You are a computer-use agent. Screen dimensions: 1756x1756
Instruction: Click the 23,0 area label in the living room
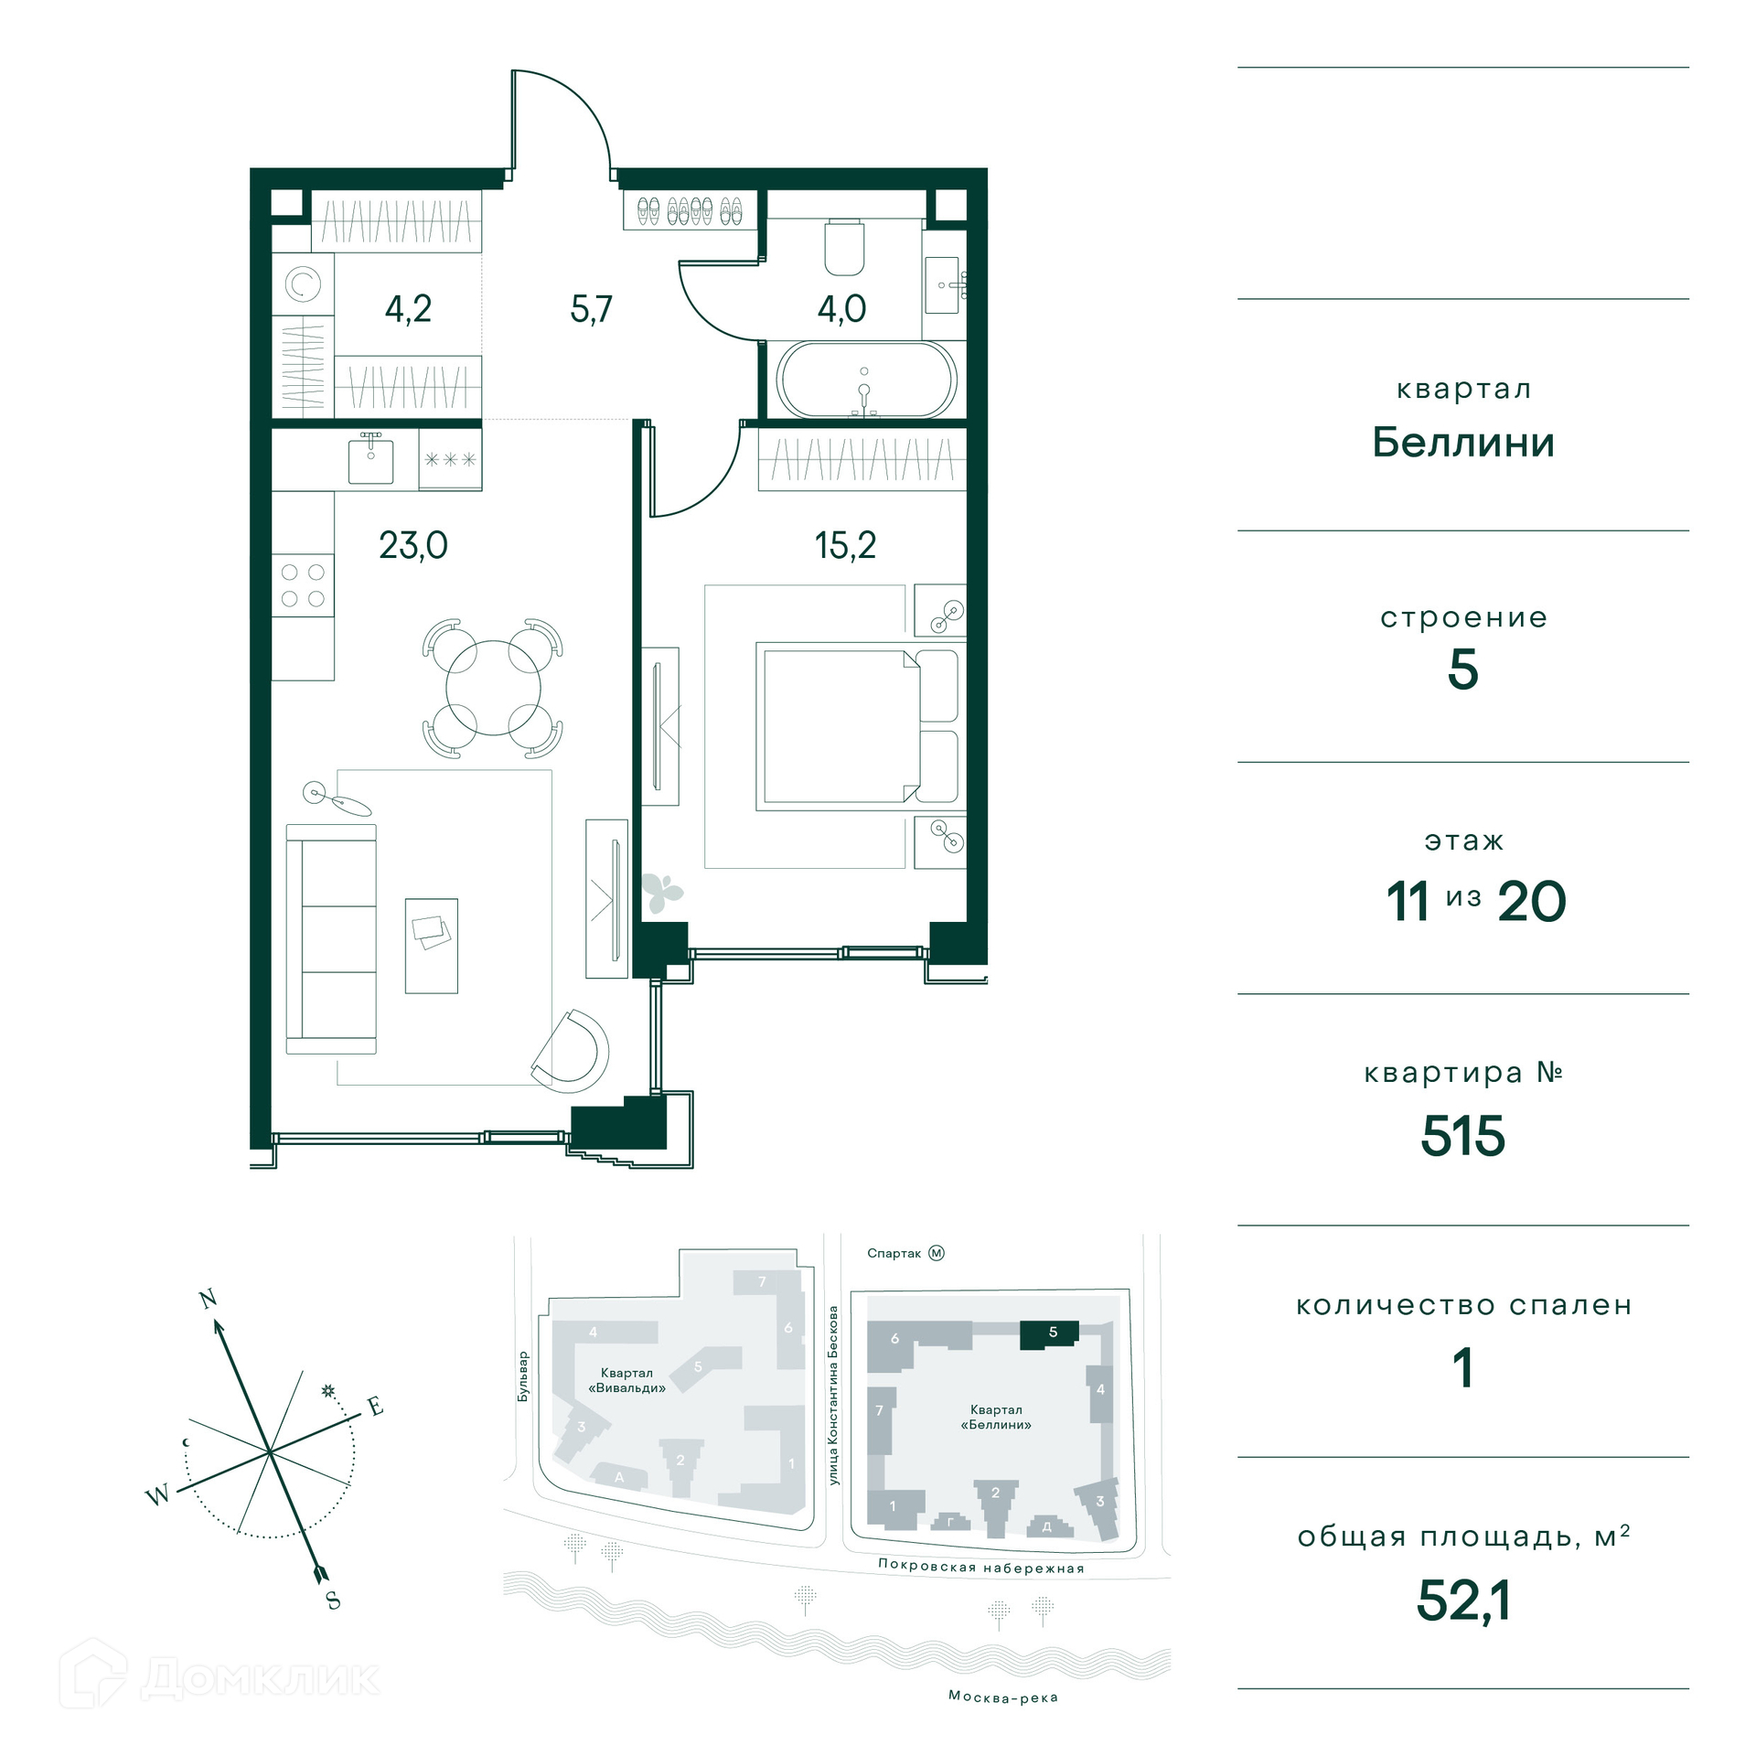click(x=413, y=545)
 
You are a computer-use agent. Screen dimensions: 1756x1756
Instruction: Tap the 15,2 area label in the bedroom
click(x=845, y=545)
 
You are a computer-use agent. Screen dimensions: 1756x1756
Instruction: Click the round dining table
click(x=493, y=688)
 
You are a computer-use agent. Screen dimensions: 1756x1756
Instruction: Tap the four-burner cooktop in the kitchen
click(x=303, y=585)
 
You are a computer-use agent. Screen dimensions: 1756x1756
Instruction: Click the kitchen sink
click(x=370, y=461)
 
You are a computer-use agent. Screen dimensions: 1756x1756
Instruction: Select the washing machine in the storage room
click(x=303, y=284)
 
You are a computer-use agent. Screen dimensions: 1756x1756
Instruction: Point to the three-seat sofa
click(x=331, y=938)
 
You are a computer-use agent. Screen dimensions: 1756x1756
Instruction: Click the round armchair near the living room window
click(x=571, y=1051)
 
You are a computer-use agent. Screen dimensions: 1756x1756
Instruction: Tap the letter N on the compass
click(x=208, y=1299)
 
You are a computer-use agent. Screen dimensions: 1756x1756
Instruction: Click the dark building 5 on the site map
click(x=1049, y=1334)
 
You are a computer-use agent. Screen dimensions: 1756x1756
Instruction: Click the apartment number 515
click(x=1462, y=1136)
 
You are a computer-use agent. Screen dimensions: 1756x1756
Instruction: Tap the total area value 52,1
click(x=1463, y=1601)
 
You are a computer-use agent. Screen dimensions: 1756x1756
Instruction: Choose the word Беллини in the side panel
click(x=1463, y=443)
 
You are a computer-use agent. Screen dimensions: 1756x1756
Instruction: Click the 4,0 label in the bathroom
click(x=841, y=309)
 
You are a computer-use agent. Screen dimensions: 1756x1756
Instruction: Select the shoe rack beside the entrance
click(x=691, y=210)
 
